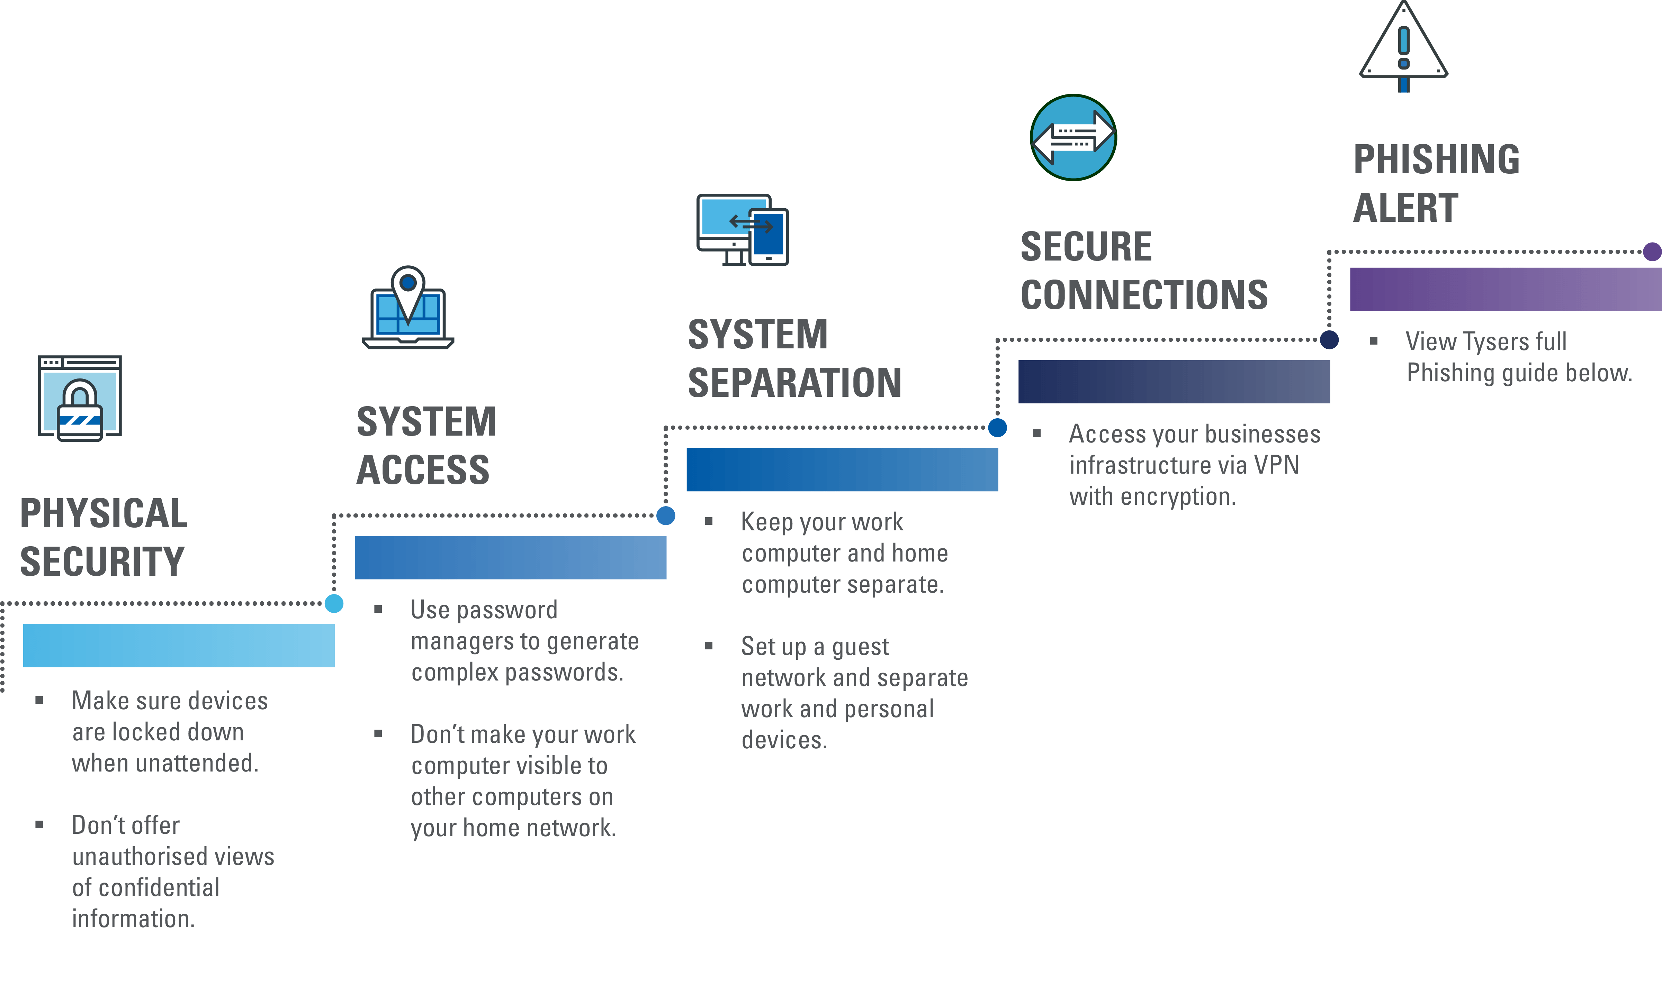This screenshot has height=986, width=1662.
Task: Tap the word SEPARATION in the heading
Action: click(x=794, y=383)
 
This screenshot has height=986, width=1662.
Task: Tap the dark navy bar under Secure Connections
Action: click(x=1174, y=381)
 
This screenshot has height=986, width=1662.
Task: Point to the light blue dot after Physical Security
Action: click(x=334, y=603)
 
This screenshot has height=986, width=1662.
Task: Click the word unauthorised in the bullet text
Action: click(x=173, y=857)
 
